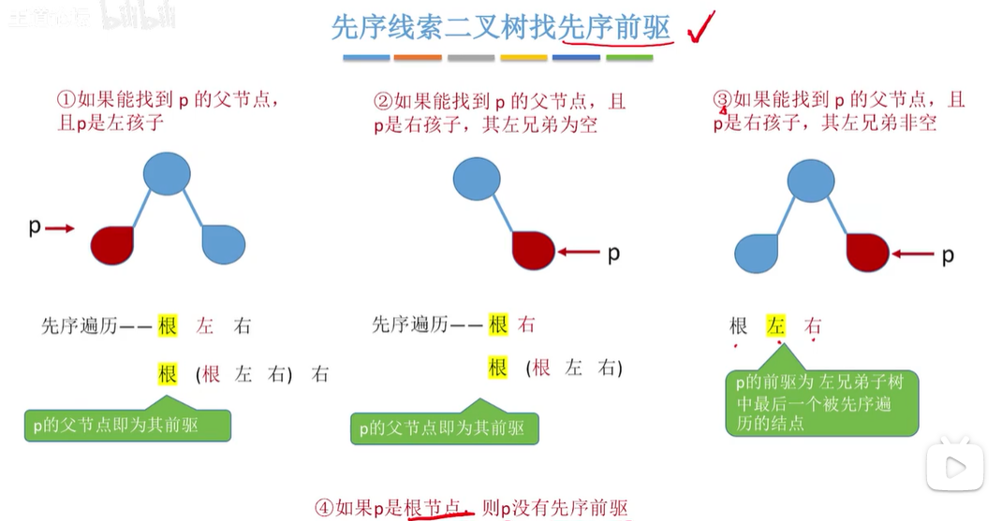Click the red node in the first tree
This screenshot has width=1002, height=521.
click(x=112, y=244)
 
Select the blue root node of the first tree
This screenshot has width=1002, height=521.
click(x=167, y=175)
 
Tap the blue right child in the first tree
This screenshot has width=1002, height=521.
click(x=224, y=244)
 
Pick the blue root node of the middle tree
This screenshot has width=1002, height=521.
click(x=477, y=179)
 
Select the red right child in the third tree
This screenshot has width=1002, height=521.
click(x=866, y=253)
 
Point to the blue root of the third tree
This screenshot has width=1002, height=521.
click(x=811, y=180)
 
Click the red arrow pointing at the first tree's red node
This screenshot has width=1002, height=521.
click(x=59, y=227)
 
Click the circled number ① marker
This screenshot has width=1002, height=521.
click(x=66, y=100)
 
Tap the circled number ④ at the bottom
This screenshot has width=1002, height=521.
click(x=324, y=509)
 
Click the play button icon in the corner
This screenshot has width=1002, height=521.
click(x=954, y=466)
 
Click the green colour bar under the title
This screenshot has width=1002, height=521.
click(x=629, y=58)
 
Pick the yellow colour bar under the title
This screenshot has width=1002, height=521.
click(x=523, y=58)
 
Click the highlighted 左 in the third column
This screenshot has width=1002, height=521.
click(x=775, y=326)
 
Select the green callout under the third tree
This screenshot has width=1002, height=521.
click(x=821, y=403)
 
